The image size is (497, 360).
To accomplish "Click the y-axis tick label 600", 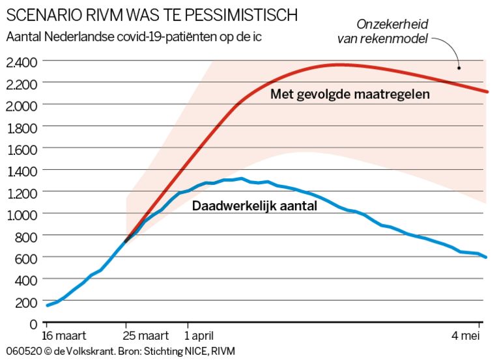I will (x=25, y=258).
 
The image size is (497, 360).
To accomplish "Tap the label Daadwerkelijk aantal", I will (x=255, y=206).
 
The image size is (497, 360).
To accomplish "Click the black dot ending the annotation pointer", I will (x=459, y=67).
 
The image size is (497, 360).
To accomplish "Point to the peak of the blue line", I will (x=241, y=178).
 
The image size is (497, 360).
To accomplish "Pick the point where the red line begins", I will (x=125, y=242).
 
